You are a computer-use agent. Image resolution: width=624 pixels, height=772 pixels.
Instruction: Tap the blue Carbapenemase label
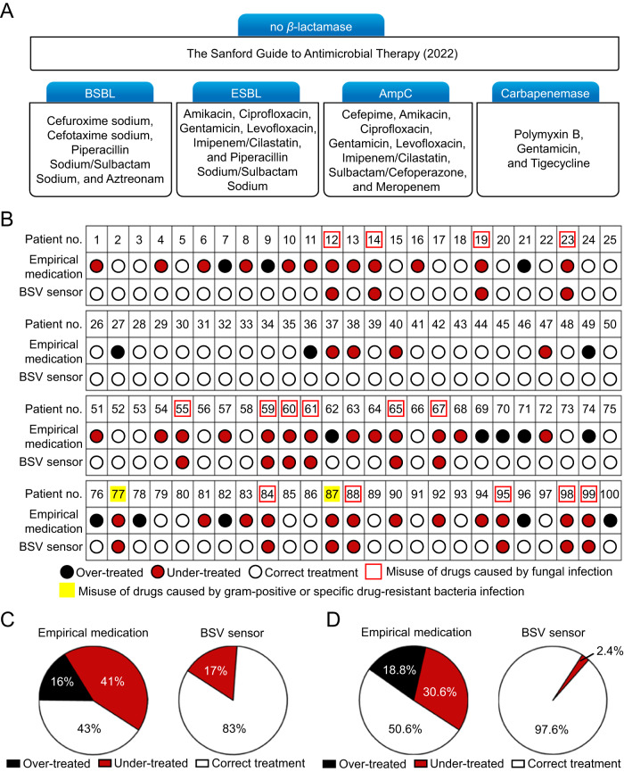[545, 92]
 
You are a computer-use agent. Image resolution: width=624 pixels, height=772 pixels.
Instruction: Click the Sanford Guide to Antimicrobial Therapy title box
[312, 54]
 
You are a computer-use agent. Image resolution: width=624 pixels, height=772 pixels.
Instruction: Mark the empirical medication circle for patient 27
[118, 351]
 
